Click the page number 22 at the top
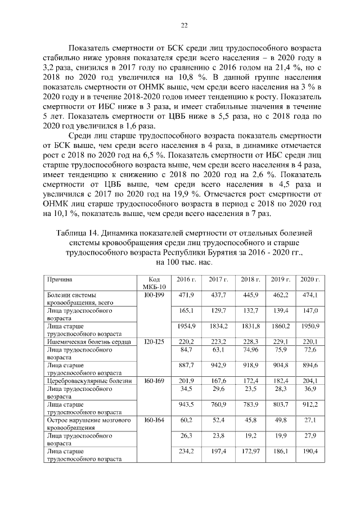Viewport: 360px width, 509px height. pos(183,25)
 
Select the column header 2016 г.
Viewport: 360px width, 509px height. pos(186,280)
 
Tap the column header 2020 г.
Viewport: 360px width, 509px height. pos(309,280)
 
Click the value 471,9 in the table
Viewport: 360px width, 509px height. pos(186,295)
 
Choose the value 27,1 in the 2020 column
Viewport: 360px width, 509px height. pos(310,420)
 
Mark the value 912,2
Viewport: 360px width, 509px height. pos(310,404)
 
